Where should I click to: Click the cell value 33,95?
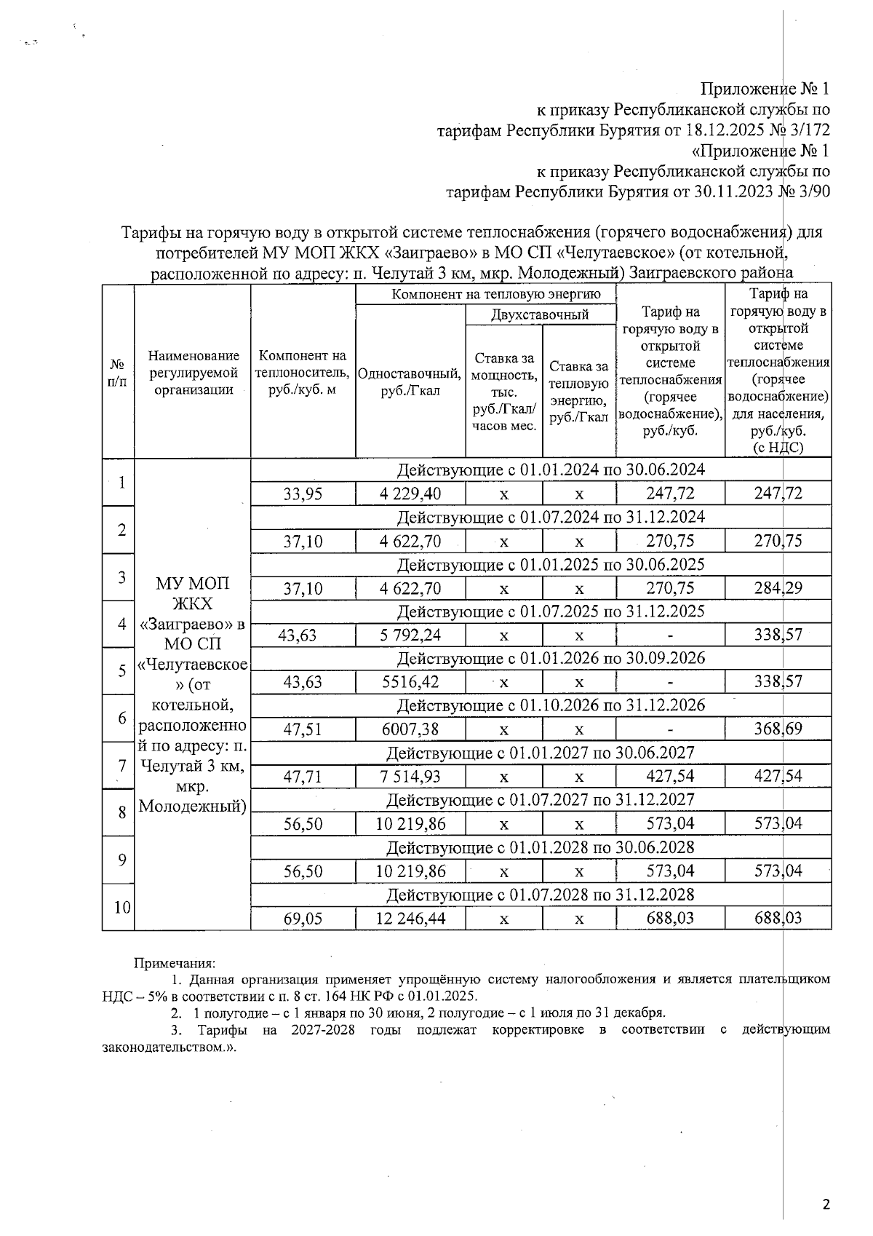(303, 494)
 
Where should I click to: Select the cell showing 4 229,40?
(410, 494)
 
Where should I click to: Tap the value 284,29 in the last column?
(778, 588)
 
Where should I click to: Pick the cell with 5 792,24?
(410, 635)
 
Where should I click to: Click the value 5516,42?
(410, 682)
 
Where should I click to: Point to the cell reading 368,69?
(778, 729)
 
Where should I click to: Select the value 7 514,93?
(410, 777)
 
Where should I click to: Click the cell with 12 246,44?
(410, 919)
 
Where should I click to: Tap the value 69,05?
(303, 919)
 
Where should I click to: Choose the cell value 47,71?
(303, 777)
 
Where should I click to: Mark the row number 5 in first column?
(122, 670)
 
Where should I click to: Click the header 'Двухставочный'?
(540, 314)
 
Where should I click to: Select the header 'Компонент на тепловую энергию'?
(486, 294)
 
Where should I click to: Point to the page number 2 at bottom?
(825, 1205)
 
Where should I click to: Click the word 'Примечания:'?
(170, 964)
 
